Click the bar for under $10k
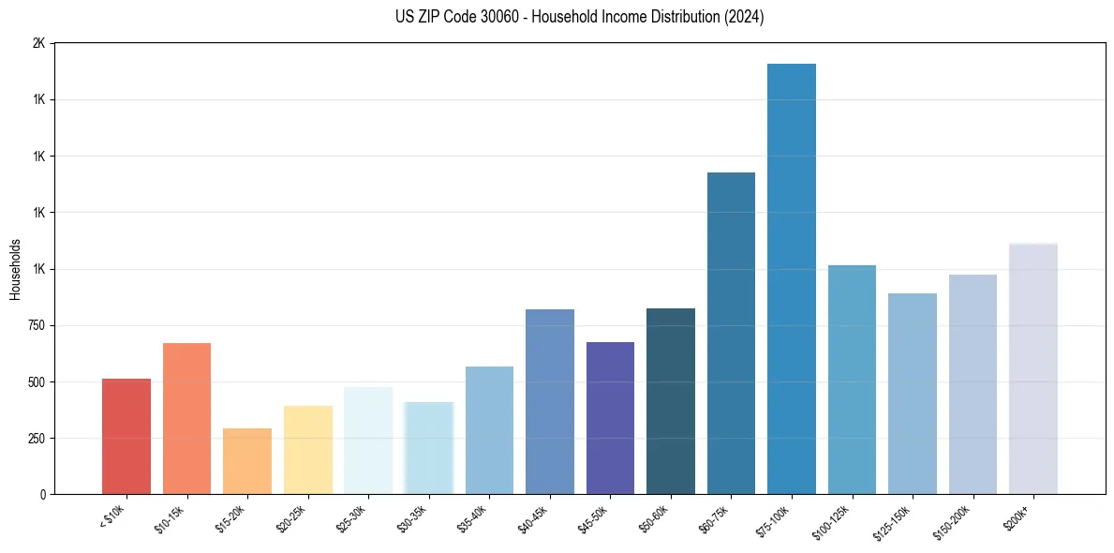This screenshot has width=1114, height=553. (x=126, y=436)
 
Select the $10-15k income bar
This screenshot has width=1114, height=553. (x=186, y=418)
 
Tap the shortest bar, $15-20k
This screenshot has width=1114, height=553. (x=247, y=461)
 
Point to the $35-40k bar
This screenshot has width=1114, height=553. (x=489, y=430)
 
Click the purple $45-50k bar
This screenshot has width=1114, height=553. (x=610, y=418)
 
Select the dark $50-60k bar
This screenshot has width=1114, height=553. (x=671, y=401)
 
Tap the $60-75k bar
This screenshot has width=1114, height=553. (x=731, y=333)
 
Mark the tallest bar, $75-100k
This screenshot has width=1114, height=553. (x=792, y=278)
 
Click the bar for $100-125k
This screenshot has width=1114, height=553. (x=852, y=380)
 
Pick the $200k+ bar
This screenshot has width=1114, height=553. (x=1032, y=368)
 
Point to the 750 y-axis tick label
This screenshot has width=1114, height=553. (x=35, y=326)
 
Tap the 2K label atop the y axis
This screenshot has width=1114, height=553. (x=38, y=44)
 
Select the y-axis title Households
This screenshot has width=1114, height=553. (x=15, y=269)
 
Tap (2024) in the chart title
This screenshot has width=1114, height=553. (x=744, y=17)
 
